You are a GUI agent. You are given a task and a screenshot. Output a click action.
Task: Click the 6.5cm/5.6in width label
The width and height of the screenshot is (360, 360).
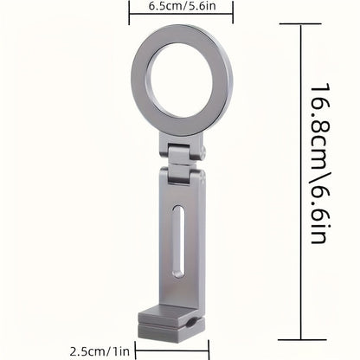click(182, 6)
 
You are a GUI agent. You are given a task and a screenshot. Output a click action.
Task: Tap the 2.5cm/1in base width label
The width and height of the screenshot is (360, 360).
click(100, 351)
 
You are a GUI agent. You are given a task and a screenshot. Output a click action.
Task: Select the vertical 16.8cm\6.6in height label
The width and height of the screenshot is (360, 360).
click(319, 164)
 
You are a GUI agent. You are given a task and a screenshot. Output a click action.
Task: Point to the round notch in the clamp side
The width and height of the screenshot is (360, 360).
click(190, 324)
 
